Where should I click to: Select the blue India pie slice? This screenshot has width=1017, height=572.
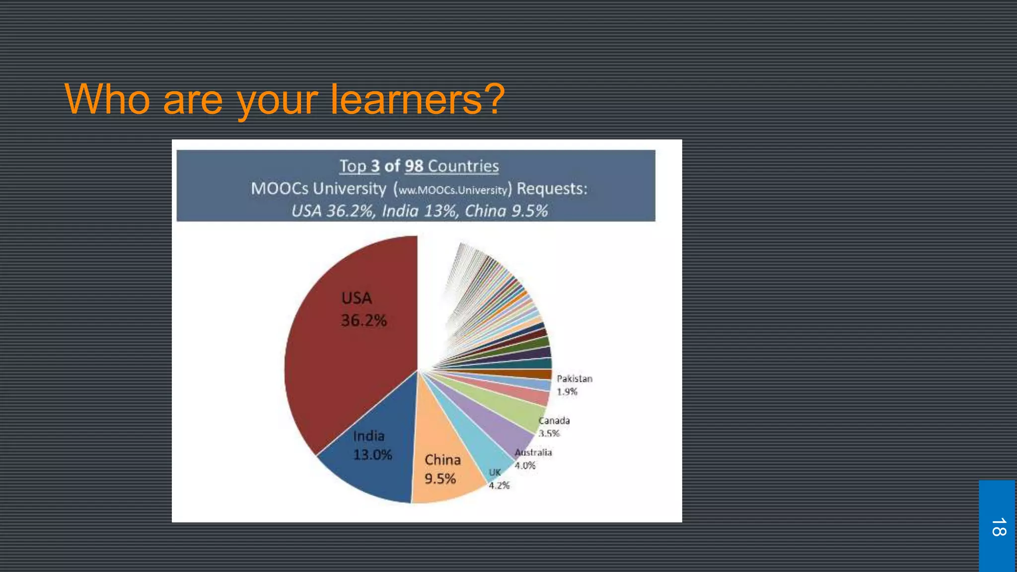tap(377, 472)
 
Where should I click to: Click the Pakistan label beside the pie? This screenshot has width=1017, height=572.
tap(575, 379)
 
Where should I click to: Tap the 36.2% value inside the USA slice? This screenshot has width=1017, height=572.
tap(364, 321)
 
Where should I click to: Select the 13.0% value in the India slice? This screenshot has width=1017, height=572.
tap(372, 455)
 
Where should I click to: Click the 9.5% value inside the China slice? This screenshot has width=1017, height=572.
tap(440, 479)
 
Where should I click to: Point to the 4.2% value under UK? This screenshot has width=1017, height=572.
tap(499, 486)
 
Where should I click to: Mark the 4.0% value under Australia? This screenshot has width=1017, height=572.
tap(525, 466)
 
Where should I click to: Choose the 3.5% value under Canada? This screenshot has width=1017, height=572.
tap(549, 433)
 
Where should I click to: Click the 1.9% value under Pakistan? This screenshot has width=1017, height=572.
tap(567, 392)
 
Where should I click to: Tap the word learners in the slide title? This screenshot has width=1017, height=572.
tap(407, 99)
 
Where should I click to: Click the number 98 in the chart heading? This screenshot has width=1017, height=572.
tap(414, 166)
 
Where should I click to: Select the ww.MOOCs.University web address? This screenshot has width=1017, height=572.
tap(453, 190)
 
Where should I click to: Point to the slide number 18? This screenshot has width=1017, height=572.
tap(999, 527)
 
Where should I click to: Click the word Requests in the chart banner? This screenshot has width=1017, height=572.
tap(552, 189)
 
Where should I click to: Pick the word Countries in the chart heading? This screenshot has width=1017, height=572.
tap(463, 166)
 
